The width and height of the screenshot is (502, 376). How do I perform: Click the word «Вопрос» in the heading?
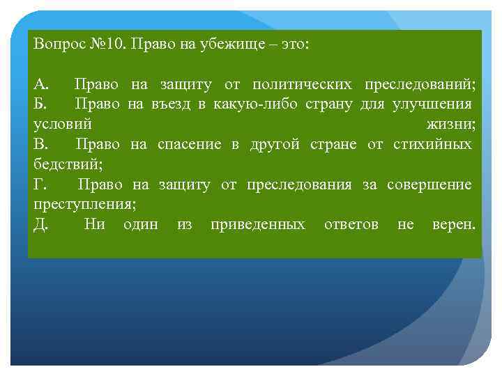57,44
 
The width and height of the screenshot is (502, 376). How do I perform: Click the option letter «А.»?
41,85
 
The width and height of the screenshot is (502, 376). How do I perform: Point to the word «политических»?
302,85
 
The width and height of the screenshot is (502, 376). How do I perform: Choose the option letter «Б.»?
41,104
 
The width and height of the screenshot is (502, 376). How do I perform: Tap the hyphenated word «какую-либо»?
252,104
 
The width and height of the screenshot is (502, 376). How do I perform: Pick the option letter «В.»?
41,144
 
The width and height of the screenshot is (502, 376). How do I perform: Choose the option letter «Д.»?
41,224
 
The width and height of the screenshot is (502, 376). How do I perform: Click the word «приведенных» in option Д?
258,224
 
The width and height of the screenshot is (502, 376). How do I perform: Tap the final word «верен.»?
453,224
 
